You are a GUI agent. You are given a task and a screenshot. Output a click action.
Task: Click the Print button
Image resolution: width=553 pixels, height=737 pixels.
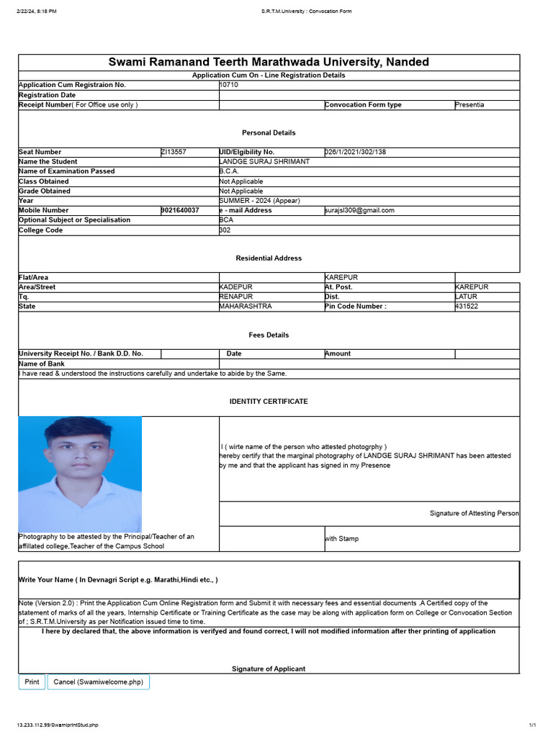(32, 682)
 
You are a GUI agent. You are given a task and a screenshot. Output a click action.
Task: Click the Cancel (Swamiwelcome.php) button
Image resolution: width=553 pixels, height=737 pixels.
(98, 682)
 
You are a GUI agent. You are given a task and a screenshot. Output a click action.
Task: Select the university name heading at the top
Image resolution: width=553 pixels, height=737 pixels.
(269, 62)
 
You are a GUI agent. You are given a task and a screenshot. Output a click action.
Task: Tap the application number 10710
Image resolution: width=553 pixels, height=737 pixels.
(228, 85)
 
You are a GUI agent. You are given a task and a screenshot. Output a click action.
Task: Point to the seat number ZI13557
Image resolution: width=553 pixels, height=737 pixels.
(174, 152)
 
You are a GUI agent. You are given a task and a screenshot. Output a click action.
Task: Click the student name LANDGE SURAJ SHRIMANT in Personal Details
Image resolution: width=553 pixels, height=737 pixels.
(264, 162)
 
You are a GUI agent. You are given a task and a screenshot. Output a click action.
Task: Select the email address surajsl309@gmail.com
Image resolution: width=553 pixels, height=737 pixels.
(360, 210)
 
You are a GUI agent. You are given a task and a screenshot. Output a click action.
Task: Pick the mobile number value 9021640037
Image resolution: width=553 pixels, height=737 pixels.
(180, 210)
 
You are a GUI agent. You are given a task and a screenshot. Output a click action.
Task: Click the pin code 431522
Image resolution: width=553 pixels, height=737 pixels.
(467, 307)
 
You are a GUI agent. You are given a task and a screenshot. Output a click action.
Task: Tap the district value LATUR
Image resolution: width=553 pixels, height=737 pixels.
(467, 297)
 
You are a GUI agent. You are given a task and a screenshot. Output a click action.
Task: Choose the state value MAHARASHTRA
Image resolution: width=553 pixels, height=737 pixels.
(246, 307)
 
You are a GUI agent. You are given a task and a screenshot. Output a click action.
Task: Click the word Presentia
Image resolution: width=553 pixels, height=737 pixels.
(470, 105)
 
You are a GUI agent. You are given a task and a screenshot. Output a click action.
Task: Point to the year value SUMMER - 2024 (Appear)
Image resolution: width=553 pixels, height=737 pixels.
(259, 201)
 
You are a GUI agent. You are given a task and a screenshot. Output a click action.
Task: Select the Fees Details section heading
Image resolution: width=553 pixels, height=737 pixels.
(269, 335)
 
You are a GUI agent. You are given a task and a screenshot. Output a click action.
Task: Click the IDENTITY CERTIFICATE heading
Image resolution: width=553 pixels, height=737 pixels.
(269, 401)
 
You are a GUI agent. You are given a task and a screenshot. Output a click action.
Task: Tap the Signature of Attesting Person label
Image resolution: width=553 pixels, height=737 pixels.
(474, 513)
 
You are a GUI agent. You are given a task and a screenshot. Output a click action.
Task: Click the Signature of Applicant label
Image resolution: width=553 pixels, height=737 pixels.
(269, 669)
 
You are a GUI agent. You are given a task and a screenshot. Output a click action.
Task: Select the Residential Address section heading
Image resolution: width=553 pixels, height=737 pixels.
(269, 258)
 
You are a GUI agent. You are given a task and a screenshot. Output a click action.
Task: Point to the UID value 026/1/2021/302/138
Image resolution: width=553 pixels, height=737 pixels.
(356, 152)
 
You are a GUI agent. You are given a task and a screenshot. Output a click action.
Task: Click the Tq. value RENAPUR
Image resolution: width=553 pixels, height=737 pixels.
(236, 297)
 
